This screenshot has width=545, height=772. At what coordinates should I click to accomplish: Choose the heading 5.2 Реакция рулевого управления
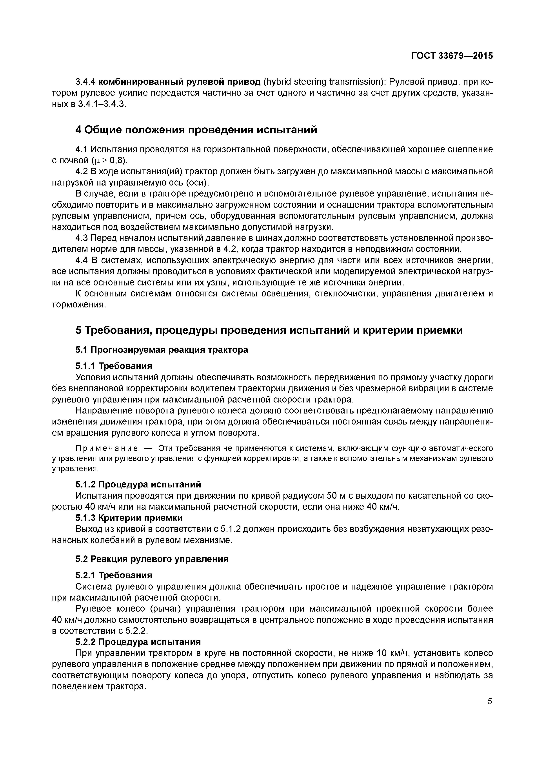(152, 559)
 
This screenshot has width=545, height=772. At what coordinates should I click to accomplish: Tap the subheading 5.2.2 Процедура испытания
(138, 642)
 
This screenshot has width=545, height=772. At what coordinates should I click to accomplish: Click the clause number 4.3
(81, 238)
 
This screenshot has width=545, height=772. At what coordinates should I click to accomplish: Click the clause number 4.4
(81, 261)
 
